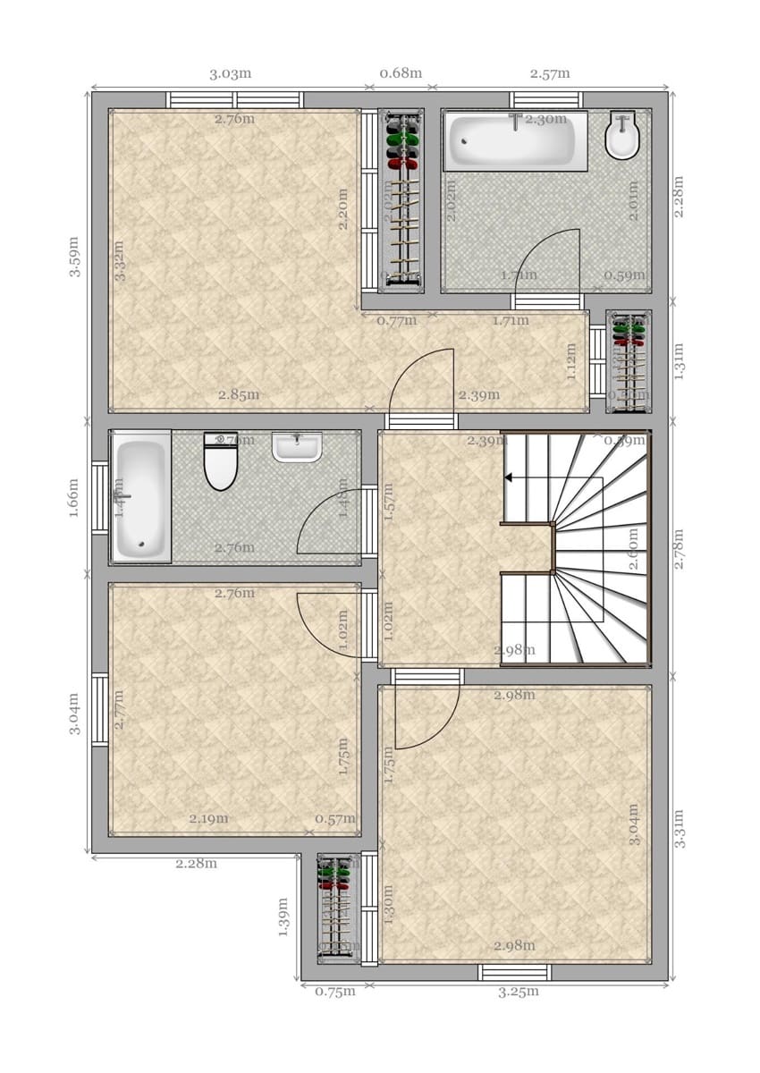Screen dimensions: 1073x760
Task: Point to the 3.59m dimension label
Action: [x=75, y=257]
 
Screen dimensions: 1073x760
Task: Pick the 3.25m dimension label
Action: [x=519, y=992]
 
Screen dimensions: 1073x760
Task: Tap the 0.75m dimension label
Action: [x=334, y=992]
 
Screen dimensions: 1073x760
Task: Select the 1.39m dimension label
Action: [x=283, y=917]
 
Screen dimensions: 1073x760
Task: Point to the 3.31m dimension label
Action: [x=679, y=828]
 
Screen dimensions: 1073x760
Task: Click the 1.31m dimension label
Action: [x=679, y=360]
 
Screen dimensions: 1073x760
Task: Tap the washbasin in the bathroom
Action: [x=297, y=447]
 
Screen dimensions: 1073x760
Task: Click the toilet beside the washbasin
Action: [x=220, y=461]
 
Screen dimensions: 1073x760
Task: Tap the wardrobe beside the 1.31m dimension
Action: [x=629, y=361]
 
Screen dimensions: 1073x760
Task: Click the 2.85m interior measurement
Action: [x=241, y=394]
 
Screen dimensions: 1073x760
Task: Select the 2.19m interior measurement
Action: [x=208, y=818]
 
